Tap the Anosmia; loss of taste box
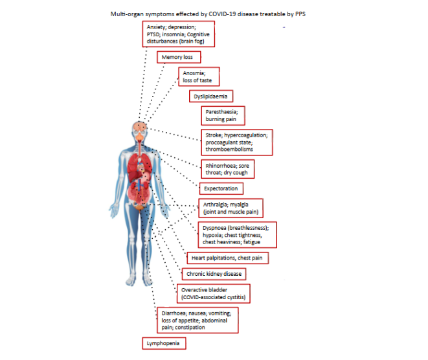[x=199, y=77]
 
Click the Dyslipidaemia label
[x=211, y=96]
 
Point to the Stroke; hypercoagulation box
[x=236, y=142]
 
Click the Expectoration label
[x=221, y=189]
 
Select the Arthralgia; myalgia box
[x=231, y=208]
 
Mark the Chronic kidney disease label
[x=214, y=274]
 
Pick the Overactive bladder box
[x=212, y=293]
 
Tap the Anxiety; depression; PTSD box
[x=178, y=34]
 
